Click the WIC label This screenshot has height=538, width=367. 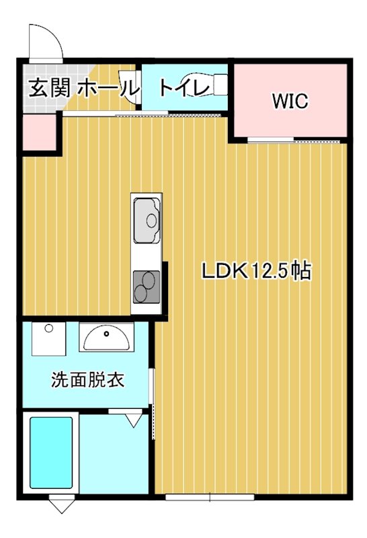click(x=290, y=102)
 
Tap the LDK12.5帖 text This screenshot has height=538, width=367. click(x=255, y=271)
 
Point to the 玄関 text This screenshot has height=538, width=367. click(x=49, y=87)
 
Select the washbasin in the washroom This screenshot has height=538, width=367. click(x=106, y=337)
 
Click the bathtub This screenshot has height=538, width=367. click(x=51, y=453)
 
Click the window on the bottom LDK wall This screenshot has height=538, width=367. click(x=210, y=498)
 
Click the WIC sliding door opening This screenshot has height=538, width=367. click(x=272, y=140)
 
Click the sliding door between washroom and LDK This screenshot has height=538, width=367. click(x=154, y=397)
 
